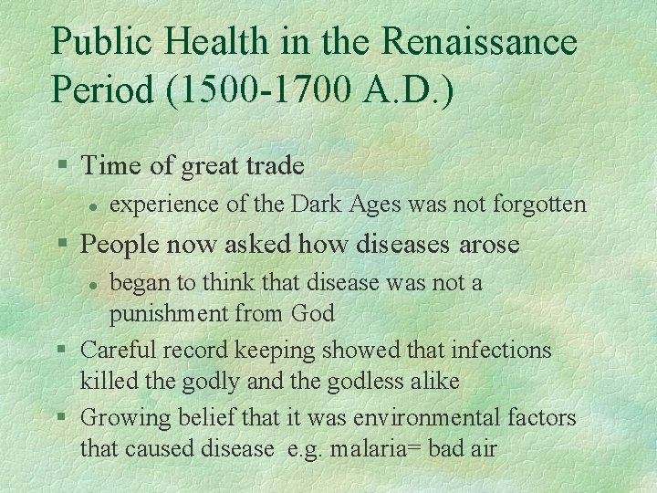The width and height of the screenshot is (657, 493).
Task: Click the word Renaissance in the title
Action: coord(479,42)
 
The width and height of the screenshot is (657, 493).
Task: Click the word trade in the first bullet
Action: coord(273,165)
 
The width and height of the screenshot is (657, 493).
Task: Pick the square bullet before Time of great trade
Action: coord(62,166)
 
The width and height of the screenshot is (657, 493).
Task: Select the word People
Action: coord(117,244)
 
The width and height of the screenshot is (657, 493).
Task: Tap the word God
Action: coord(313,314)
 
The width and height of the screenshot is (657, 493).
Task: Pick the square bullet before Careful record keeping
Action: coord(62,350)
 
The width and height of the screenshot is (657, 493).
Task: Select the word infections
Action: coord(506,349)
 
